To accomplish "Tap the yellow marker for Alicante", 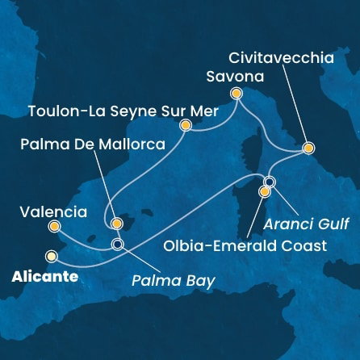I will [52, 257].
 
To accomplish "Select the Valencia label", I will [52, 213].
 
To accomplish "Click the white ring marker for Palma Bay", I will [118, 243].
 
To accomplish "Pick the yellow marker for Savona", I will [237, 93].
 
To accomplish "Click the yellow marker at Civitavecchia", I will [308, 149].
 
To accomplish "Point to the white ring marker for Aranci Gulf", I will [270, 181].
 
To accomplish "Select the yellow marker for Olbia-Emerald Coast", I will [265, 192].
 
